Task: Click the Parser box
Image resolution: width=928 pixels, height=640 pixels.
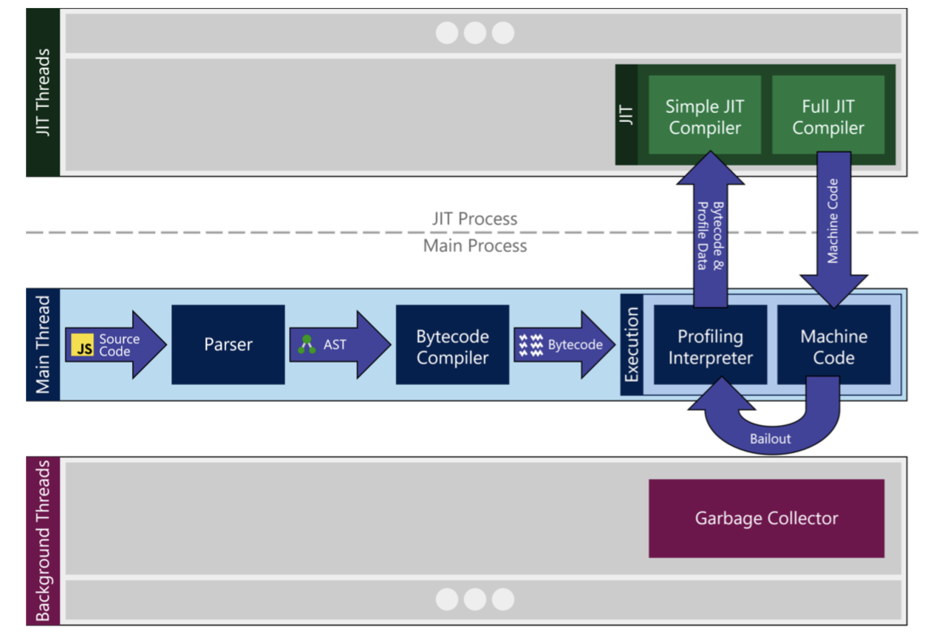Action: pos(228,344)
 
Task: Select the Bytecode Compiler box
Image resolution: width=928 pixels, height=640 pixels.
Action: pos(452,347)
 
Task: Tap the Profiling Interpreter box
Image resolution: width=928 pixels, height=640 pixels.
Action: pos(709,347)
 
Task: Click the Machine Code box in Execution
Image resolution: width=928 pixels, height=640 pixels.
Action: pos(833,347)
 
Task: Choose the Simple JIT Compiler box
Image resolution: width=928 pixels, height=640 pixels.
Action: pos(704,117)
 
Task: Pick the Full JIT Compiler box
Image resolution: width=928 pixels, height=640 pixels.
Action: pos(828,117)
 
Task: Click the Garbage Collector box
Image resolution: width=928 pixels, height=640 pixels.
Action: pos(766,518)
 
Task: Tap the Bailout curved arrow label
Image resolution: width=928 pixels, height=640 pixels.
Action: pos(770,438)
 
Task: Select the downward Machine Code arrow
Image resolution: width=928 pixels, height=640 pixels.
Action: pos(833,222)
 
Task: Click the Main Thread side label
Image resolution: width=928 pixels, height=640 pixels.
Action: pos(43,344)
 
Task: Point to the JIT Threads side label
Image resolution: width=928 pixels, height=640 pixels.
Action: pos(43,92)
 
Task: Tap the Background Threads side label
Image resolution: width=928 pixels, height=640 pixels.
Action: pos(43,540)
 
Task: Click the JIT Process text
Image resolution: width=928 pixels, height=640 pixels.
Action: pos(474,219)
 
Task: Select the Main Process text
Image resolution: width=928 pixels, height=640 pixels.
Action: pos(474,246)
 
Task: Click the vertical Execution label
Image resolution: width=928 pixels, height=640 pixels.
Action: pos(632,344)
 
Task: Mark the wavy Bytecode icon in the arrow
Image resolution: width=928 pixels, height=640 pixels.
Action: pos(531,345)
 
